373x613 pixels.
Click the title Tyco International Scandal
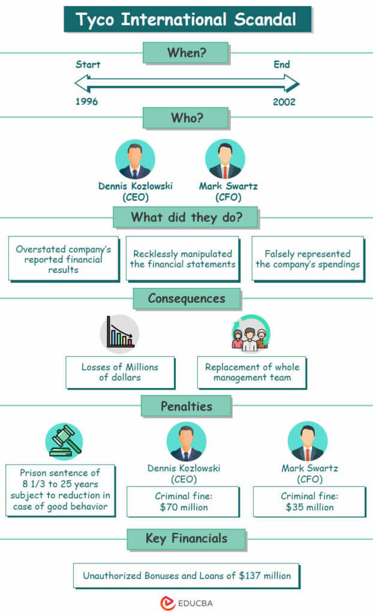point(186,19)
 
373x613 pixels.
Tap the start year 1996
point(86,102)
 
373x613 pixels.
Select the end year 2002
point(284,102)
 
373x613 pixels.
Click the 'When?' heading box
point(185,53)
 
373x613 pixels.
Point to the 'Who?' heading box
point(185,118)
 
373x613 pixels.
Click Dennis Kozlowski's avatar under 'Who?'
point(135,160)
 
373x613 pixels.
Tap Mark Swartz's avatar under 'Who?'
point(225,160)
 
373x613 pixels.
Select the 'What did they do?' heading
point(186,217)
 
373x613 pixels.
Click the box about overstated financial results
point(63,259)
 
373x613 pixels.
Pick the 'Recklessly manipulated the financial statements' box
point(182,259)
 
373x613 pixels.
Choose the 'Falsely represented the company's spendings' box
point(308,259)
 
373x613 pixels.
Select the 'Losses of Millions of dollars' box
point(120,372)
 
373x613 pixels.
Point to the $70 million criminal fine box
point(182,502)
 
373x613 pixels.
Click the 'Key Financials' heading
point(186,538)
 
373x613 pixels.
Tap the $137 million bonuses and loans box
point(186,576)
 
